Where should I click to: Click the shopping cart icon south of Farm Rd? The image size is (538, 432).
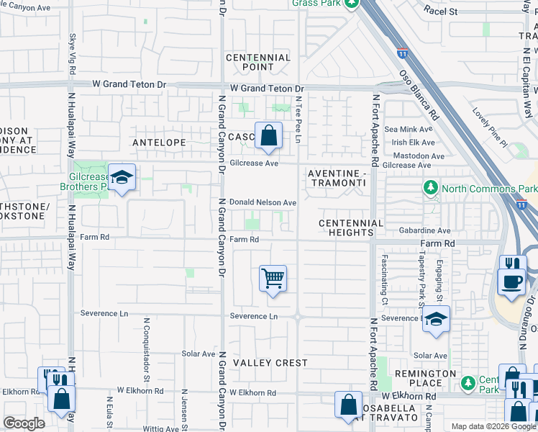273,278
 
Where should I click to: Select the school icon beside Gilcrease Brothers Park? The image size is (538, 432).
123,178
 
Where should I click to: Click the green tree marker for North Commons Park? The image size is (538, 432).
431,189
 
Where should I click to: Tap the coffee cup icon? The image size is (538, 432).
511,282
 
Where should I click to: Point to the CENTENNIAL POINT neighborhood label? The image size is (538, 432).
258,62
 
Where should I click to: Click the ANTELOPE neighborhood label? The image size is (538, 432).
160,143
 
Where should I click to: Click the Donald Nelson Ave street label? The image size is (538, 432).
263,203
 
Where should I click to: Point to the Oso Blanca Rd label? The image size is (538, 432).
418,93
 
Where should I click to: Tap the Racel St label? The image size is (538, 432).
441,12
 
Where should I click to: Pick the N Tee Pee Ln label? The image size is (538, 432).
297,119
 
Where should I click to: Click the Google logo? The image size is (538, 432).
24,423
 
